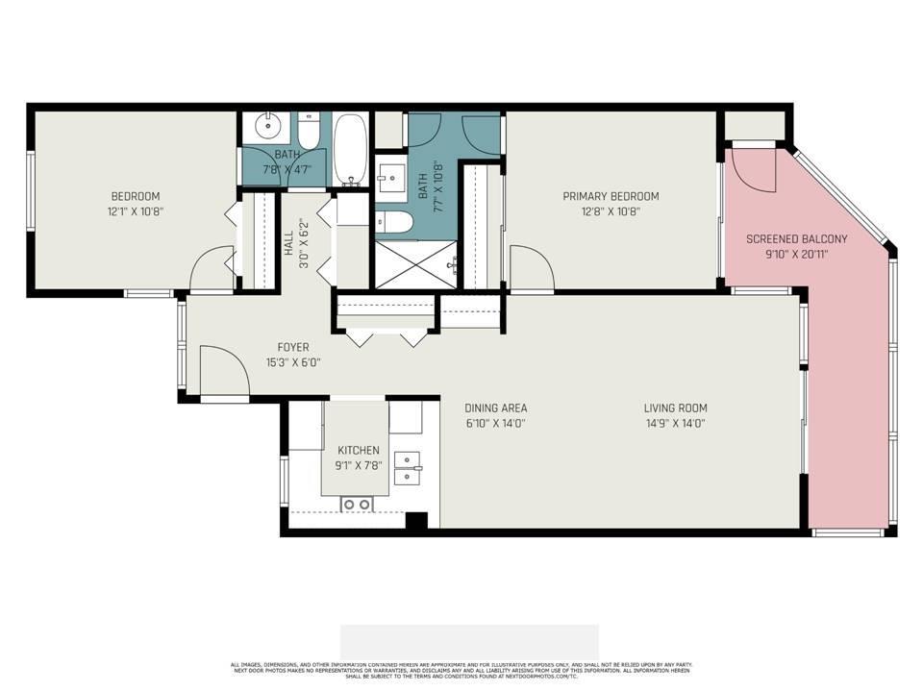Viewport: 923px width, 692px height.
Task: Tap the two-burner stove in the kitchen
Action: (x=358, y=503)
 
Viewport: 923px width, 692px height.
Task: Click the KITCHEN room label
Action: (x=358, y=450)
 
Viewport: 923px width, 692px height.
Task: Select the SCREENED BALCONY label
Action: (x=797, y=239)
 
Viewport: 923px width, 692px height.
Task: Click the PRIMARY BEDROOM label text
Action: (x=611, y=196)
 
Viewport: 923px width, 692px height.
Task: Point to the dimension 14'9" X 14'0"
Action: (x=675, y=423)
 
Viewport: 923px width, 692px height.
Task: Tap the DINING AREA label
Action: (x=495, y=408)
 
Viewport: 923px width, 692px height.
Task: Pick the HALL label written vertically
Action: (x=288, y=244)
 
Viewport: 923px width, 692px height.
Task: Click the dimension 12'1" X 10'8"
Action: (x=135, y=211)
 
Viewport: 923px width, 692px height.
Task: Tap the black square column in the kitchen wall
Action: (x=415, y=521)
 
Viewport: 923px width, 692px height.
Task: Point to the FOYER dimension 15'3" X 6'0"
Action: (x=293, y=363)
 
